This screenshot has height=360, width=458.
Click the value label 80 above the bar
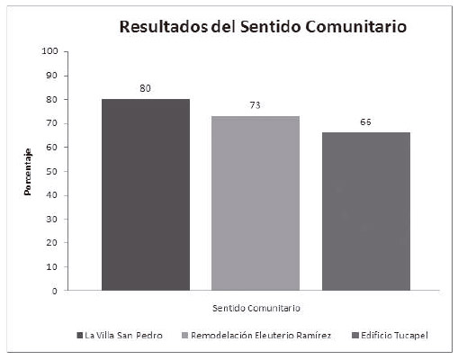(145, 89)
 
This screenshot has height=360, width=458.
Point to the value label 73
(256, 106)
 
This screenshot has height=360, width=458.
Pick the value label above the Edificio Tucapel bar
(365, 122)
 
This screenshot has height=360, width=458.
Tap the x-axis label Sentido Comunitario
(256, 309)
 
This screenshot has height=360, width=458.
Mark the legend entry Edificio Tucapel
(390, 336)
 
